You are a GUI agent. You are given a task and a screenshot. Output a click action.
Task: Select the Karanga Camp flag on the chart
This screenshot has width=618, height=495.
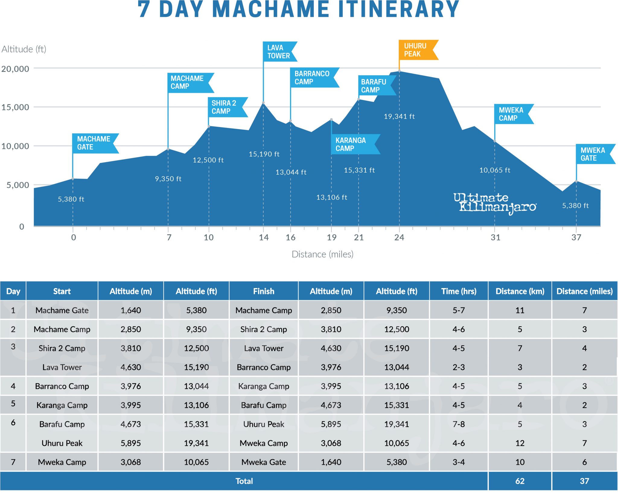click(353, 144)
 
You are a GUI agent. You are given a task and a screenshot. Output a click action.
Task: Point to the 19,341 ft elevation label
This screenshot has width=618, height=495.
click(399, 116)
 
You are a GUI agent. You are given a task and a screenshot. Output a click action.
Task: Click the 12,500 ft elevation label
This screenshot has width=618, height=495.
click(208, 160)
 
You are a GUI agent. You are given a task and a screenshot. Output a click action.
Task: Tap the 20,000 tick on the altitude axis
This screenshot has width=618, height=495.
click(15, 69)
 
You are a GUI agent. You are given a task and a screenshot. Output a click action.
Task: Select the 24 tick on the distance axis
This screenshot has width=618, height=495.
click(399, 237)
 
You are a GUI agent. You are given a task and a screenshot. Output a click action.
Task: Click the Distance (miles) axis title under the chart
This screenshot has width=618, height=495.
click(322, 254)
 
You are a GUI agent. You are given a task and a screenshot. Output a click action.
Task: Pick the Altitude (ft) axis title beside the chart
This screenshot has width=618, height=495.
click(24, 49)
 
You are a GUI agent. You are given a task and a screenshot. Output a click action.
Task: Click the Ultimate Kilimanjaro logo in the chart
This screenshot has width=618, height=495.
click(495, 203)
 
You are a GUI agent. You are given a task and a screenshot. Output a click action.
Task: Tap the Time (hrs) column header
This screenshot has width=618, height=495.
click(459, 291)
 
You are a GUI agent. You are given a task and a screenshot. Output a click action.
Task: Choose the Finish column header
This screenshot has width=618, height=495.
click(263, 291)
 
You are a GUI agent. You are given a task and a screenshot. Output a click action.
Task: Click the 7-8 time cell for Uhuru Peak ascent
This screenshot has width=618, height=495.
click(459, 424)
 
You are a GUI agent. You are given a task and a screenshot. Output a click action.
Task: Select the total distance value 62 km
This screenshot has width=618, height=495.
click(520, 481)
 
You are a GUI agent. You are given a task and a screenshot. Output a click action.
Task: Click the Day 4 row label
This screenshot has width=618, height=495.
click(13, 386)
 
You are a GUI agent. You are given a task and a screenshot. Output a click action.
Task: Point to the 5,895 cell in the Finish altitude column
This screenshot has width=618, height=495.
click(331, 424)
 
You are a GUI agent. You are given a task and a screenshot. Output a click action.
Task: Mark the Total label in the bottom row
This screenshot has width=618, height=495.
click(244, 481)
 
